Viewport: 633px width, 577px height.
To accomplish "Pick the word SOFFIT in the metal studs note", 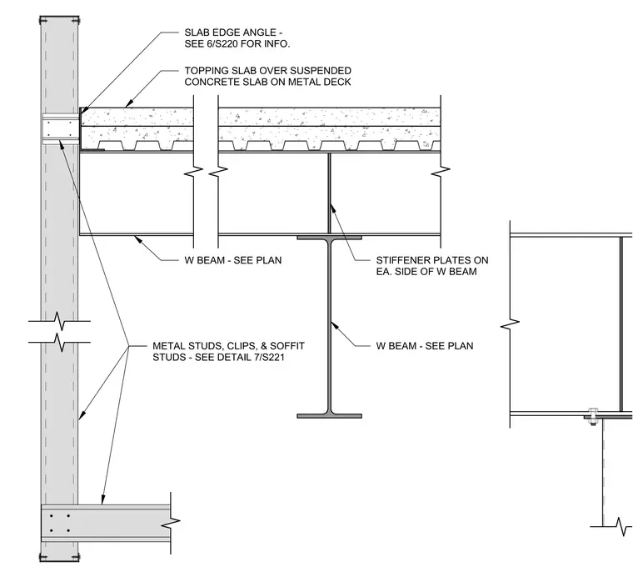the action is (287, 346).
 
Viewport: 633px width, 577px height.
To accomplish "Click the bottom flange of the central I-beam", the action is (330, 416).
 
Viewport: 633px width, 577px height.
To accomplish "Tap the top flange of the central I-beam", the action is (330, 238).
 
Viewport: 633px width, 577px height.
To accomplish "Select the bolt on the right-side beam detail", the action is (592, 417).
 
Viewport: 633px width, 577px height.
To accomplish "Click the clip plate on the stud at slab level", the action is (60, 129).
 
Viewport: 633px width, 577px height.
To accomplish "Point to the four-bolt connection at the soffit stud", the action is (59, 523).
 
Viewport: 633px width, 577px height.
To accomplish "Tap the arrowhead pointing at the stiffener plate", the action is (332, 208).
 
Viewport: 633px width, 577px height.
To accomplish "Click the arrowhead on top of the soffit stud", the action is (103, 499).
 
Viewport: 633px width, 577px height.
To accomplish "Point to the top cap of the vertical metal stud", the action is (59, 20).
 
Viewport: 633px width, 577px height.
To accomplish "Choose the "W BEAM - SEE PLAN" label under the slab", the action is (233, 260).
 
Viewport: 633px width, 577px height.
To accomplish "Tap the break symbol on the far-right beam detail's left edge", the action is (510, 324).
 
